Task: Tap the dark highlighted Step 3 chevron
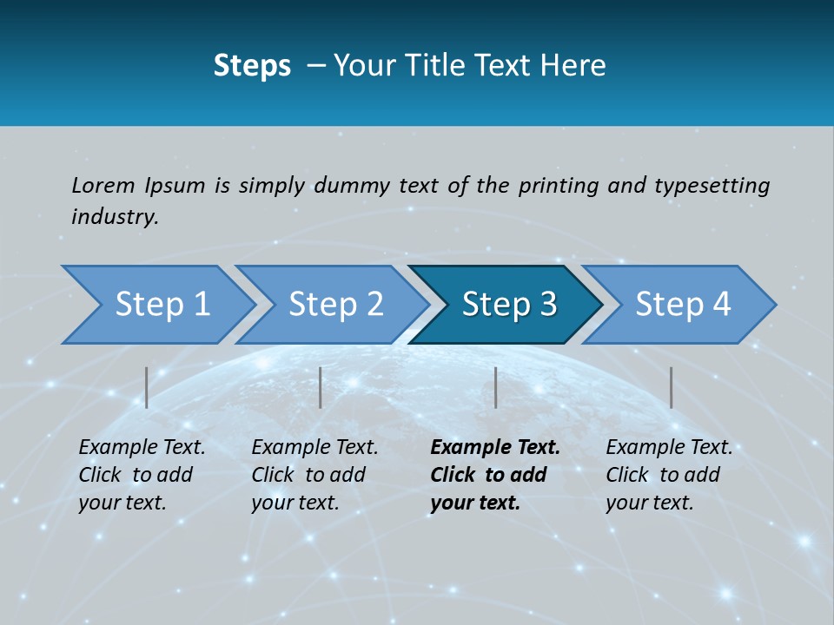point(506,305)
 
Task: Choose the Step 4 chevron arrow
point(680,305)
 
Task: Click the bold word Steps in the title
point(252,66)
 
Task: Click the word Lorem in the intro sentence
point(103,185)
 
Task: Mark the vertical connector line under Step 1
point(147,387)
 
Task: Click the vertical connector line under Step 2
point(321,387)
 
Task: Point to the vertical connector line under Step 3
point(495,387)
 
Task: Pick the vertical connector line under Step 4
point(671,387)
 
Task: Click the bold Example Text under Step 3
point(495,448)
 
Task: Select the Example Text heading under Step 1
point(142,448)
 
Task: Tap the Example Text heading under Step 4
point(669,448)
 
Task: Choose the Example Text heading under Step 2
point(314,448)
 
